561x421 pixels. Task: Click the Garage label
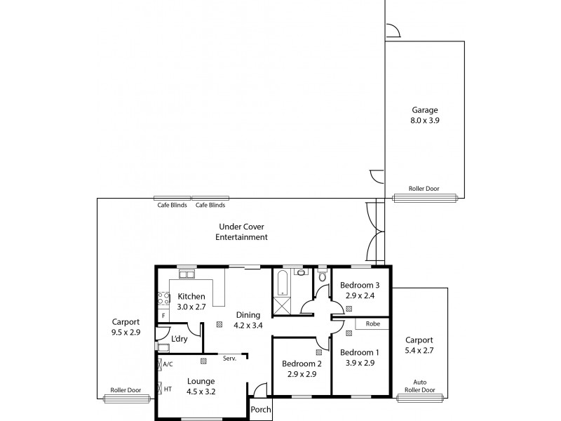click(425, 110)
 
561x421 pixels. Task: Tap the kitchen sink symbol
click(187, 274)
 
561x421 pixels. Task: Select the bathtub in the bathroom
click(281, 281)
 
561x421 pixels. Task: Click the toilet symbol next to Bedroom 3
click(322, 276)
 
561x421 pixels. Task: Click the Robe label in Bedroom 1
click(373, 324)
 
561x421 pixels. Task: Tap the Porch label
click(261, 410)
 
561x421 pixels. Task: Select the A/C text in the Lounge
click(168, 364)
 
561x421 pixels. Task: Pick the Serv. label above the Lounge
click(229, 359)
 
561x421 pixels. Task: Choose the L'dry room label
click(180, 339)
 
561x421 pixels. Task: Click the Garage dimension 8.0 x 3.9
click(425, 121)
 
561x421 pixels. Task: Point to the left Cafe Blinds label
click(172, 206)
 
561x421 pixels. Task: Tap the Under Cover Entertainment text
click(241, 232)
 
